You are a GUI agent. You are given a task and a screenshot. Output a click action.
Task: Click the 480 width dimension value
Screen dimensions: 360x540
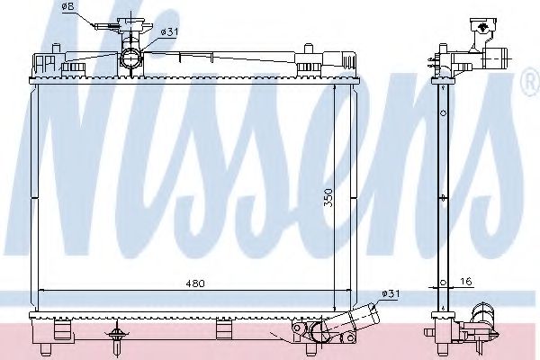click(195, 283)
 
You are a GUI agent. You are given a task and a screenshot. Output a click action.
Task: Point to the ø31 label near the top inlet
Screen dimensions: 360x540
click(168, 32)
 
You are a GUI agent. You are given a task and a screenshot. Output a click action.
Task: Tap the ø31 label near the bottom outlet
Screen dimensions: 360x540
click(391, 292)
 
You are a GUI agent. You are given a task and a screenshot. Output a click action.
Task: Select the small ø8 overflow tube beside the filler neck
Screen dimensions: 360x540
click(103, 25)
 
